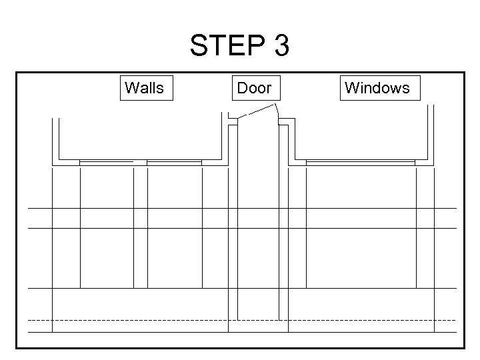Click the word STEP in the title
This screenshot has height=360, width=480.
click(x=226, y=47)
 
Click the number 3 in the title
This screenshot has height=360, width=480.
click(x=281, y=47)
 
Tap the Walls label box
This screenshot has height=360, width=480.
click(x=145, y=87)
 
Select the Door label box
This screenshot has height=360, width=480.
click(x=254, y=87)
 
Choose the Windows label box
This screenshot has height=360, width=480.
click(x=377, y=87)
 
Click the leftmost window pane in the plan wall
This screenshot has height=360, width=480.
click(x=106, y=161)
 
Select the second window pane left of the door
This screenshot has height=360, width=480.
click(x=174, y=161)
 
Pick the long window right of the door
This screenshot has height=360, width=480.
click(x=360, y=161)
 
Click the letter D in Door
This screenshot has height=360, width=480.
click(x=242, y=87)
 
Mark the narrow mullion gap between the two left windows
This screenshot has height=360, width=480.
click(x=140, y=161)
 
